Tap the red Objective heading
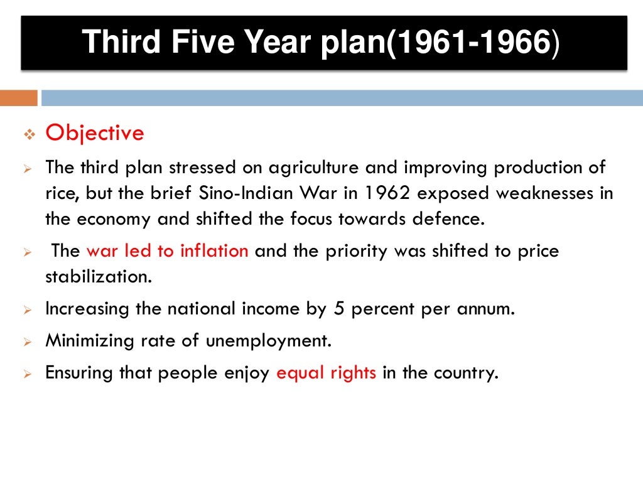coord(95,133)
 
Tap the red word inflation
coord(214,251)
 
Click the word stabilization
coord(98,276)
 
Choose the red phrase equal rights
coord(327,373)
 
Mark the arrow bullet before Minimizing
coord(28,342)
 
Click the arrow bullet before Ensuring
coord(28,374)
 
